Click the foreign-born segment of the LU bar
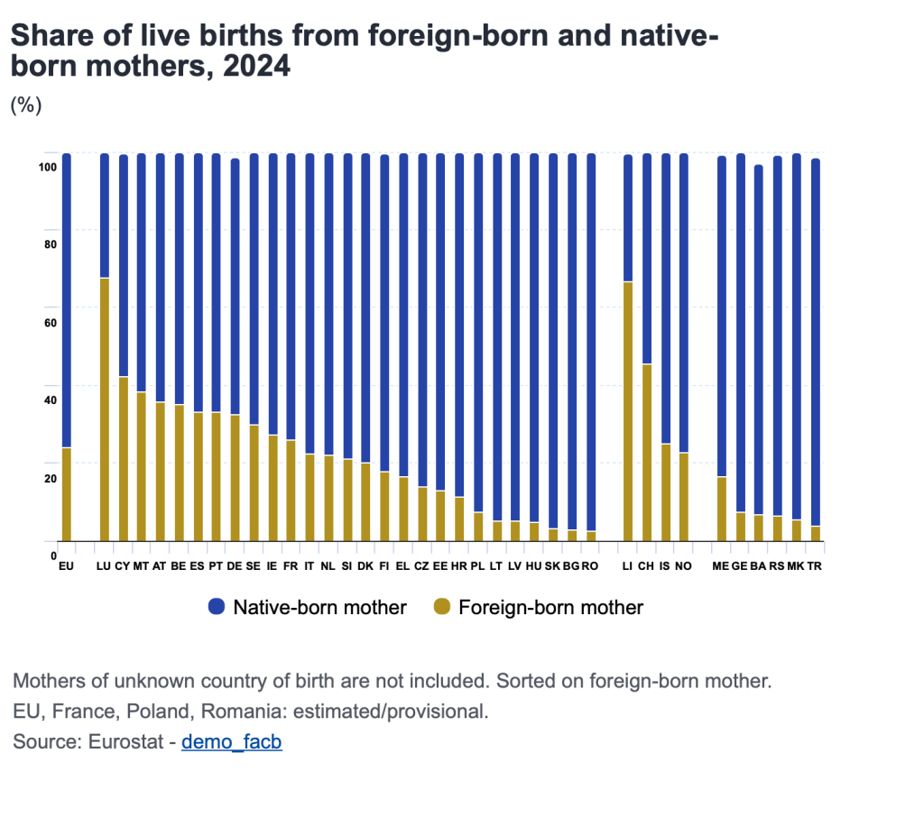coord(105,409)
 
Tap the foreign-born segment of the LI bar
coord(628,411)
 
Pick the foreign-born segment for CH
coord(646,452)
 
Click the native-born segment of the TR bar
coord(815,342)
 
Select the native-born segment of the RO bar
coord(591,342)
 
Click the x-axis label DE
coord(235,566)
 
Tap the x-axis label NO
coord(683,566)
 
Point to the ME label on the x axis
coord(720,566)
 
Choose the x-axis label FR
coord(291,566)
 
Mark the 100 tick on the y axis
coord(49,167)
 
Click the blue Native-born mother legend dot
coord(217,607)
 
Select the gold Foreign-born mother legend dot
coord(441,607)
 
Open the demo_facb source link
coord(232,742)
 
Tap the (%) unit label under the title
coord(26,105)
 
